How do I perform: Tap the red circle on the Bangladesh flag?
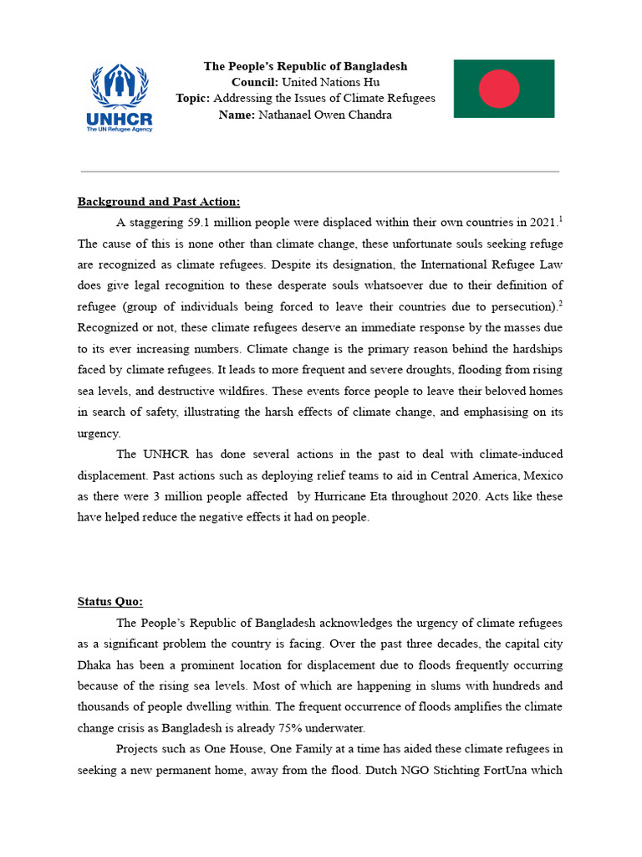point(499,89)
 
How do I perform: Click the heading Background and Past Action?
point(159,202)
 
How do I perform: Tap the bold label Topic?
point(192,99)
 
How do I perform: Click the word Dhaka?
point(96,665)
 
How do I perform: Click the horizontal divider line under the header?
point(320,172)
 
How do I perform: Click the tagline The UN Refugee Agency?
point(120,130)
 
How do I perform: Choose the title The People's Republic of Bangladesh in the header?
point(306,66)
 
